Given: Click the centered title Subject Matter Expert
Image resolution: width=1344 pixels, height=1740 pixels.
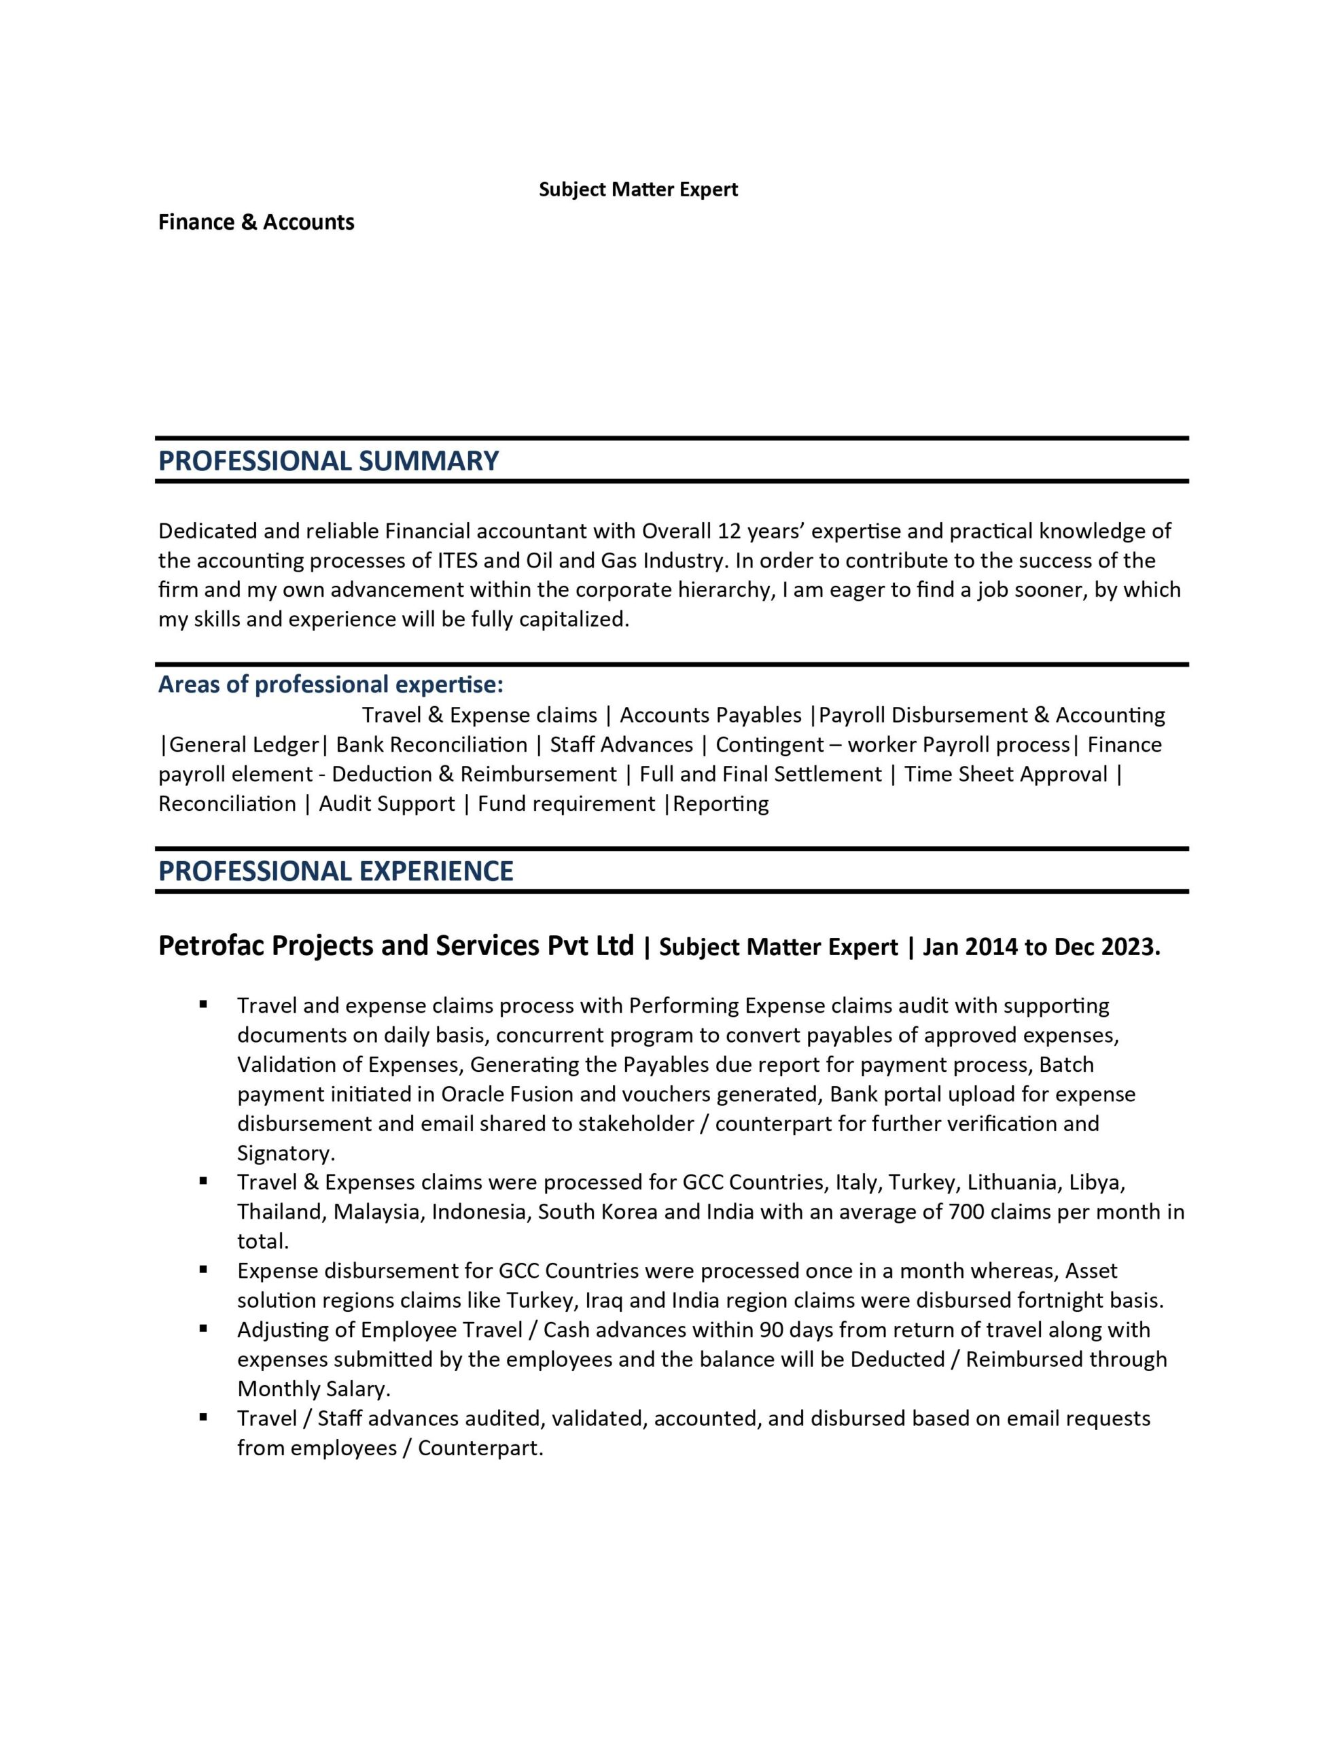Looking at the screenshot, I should pos(638,190).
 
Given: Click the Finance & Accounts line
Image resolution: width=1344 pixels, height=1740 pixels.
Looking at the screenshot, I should pos(255,222).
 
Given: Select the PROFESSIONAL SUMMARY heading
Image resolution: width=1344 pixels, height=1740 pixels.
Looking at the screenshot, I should pos(328,461).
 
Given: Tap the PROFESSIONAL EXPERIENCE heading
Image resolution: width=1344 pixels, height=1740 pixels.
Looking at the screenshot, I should pos(336,871).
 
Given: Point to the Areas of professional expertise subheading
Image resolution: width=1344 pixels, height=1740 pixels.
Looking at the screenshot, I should pos(331,684).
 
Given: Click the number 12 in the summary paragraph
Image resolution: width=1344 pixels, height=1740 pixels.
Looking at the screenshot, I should pos(729,531).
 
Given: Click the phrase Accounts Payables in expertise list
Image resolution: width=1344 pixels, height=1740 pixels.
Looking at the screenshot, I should pos(710,714).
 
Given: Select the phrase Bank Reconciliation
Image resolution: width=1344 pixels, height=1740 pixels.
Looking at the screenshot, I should pos(431,744).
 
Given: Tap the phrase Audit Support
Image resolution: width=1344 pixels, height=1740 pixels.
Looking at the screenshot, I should pos(387,803).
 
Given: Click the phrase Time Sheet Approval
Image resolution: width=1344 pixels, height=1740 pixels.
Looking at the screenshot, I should pos(1006,773).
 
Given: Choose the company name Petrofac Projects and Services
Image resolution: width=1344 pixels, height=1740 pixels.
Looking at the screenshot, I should pos(396,945).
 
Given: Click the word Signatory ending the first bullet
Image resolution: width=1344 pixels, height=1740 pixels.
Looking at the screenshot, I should pos(283,1153).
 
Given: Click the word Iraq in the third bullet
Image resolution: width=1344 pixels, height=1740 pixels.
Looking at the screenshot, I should pos(605,1300).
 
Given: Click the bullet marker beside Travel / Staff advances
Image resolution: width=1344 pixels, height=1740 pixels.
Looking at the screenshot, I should pos(204,1417).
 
